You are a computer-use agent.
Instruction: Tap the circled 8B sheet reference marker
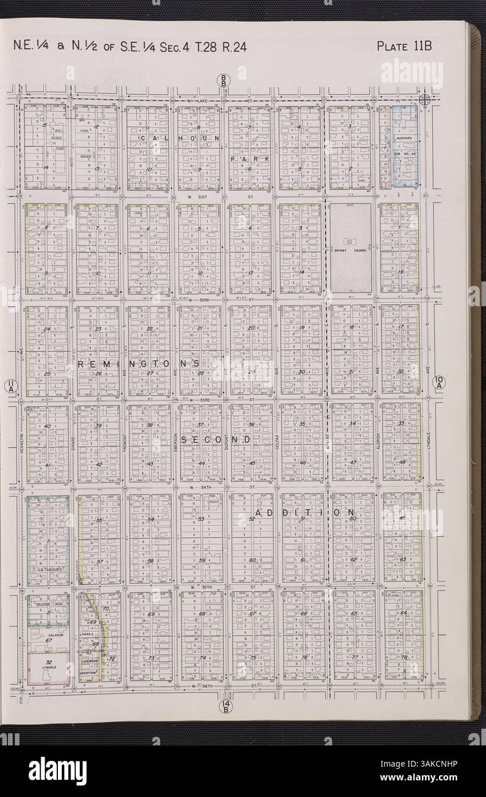(x=224, y=81)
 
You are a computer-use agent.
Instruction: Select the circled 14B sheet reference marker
(x=225, y=707)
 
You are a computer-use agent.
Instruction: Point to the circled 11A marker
(x=10, y=387)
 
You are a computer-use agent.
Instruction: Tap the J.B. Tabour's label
(x=49, y=570)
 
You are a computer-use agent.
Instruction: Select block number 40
(x=47, y=426)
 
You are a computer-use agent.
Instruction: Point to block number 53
(x=201, y=519)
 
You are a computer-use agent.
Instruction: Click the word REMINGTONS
(x=138, y=364)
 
